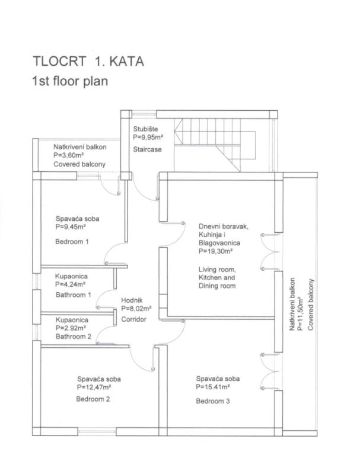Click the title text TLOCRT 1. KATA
point(89,61)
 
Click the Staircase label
point(147,149)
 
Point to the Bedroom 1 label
point(72,242)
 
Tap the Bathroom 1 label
point(73,294)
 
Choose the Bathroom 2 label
point(73,336)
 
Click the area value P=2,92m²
point(71,328)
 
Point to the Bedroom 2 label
point(93,399)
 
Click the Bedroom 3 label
point(214,401)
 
